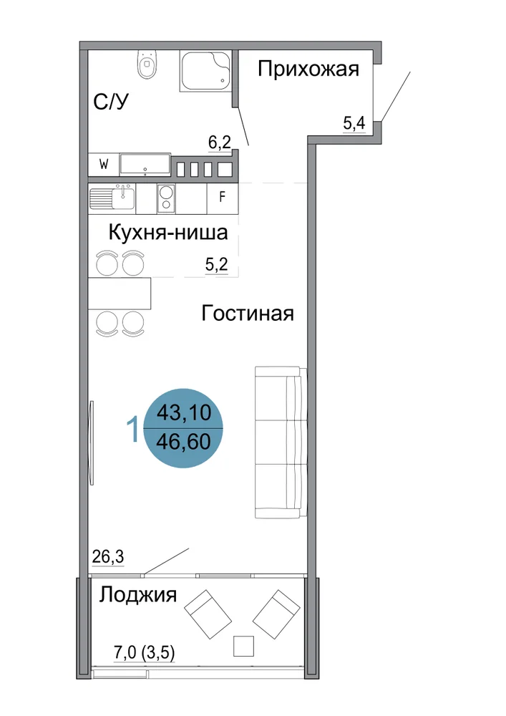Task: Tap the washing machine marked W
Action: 104,165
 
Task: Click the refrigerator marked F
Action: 222,198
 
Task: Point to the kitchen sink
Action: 112,198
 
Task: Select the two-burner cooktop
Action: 167,198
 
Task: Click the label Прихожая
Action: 308,69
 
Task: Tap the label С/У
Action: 112,102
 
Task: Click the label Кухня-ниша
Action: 168,233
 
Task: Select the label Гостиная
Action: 248,314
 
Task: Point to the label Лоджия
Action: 138,595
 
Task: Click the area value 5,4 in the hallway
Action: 354,123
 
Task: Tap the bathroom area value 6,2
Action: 220,143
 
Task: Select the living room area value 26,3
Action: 108,556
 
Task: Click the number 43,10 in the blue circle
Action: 184,413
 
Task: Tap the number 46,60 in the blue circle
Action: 183,442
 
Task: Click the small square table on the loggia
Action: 243,646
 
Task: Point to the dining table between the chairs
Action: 120,293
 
